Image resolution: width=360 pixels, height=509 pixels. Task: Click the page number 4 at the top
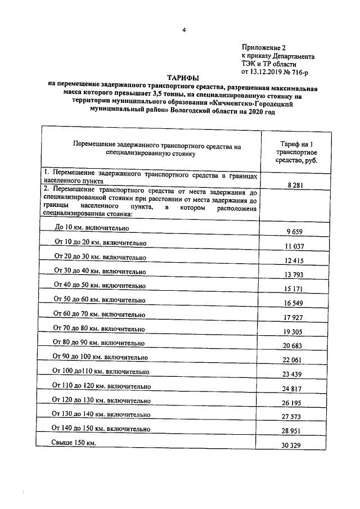(183, 30)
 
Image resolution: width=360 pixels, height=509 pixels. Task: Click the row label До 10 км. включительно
(92, 228)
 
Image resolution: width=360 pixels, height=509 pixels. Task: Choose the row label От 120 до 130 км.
(101, 400)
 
